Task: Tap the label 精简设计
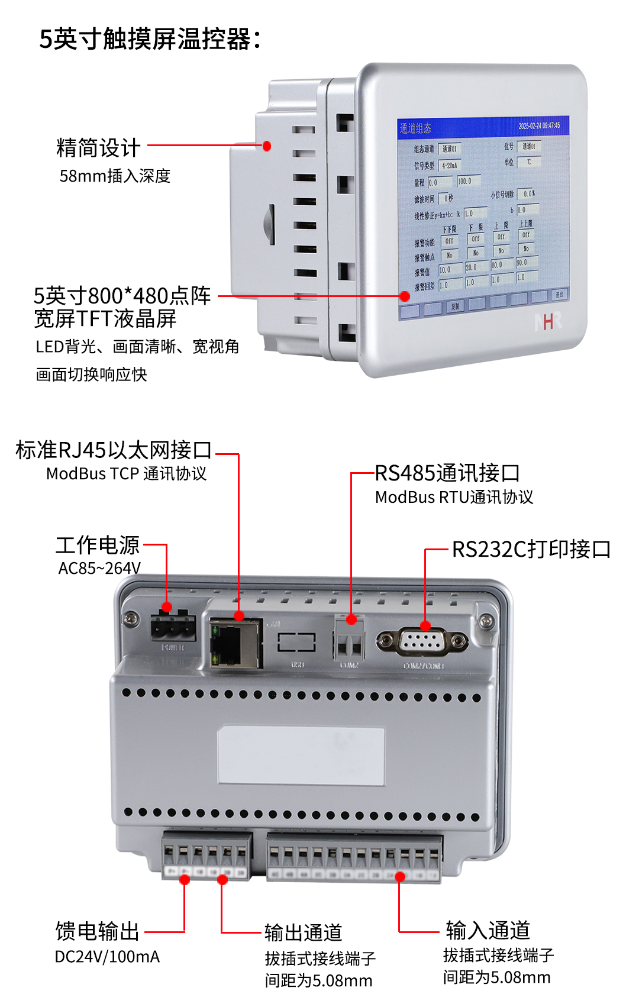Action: [98, 148]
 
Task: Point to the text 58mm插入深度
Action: [115, 176]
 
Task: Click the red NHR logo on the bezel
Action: [548, 321]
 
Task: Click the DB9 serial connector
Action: [422, 642]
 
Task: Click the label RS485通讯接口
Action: [447, 473]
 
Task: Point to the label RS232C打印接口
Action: [531, 549]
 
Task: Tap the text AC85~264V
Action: [99, 569]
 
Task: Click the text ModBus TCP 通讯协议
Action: [126, 474]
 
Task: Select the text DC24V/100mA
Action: [107, 957]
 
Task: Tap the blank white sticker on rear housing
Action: [301, 756]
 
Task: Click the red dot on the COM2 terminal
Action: [351, 619]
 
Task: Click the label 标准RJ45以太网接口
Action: [114, 450]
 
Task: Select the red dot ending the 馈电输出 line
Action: [185, 880]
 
